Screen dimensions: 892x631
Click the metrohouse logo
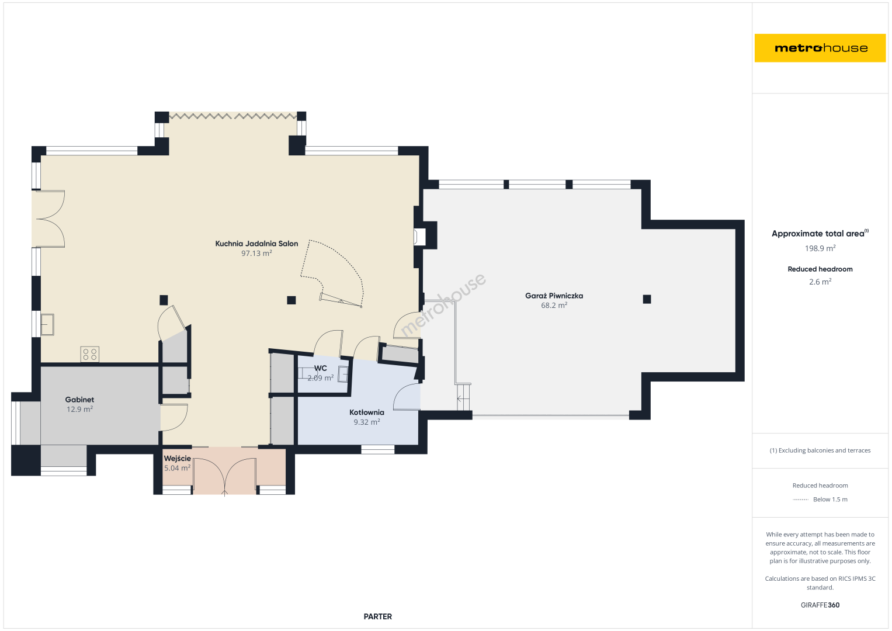820,48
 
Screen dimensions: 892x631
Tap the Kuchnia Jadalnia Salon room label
256,244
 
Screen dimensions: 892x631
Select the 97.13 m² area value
256,254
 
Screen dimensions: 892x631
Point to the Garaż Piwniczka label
554,296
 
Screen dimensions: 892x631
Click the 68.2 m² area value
554,306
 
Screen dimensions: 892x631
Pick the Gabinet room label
79,400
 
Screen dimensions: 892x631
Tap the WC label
321,368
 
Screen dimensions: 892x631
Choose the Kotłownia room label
367,412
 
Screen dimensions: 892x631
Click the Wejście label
177,459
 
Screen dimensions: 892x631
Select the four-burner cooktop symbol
89,354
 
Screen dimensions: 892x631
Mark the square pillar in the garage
647,299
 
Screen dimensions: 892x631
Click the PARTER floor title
377,616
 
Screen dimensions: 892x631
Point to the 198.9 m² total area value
820,248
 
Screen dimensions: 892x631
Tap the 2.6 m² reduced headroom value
820,282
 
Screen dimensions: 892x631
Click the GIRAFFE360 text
820,605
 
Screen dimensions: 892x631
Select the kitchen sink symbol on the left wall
47,325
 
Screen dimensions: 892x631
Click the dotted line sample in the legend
800,500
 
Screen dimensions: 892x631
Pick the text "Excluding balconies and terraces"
824,450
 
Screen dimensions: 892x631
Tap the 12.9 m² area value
79,410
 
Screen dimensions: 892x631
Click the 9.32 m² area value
367,422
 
